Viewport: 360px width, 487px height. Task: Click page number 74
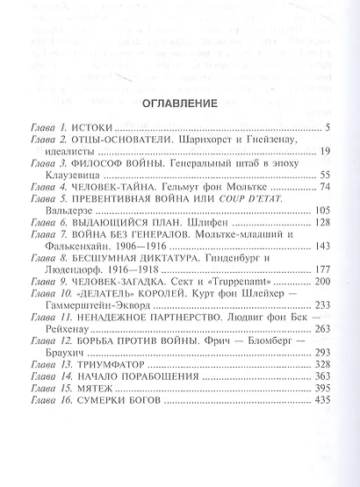coord(321,186)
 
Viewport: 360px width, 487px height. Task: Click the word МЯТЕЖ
coord(93,387)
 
